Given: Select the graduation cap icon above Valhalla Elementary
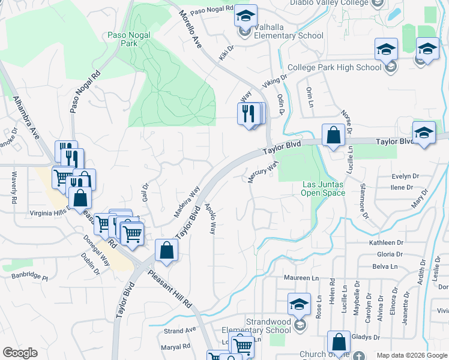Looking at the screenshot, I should [246, 16].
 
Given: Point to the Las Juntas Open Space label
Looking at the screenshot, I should [324, 188].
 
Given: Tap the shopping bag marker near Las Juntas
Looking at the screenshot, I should [333, 136].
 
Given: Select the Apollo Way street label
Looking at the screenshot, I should [211, 218].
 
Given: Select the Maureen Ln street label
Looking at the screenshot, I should [301, 278].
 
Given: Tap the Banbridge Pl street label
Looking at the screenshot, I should [29, 277].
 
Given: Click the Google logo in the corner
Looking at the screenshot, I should [20, 353].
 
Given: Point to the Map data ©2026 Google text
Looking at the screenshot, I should [411, 355].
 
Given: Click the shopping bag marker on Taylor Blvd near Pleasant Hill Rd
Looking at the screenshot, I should [166, 251].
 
